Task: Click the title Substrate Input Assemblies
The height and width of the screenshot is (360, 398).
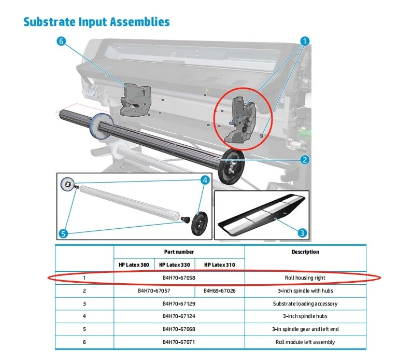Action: pos(97,22)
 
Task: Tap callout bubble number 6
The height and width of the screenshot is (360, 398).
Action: pos(62,42)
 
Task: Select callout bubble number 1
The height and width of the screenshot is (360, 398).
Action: pos(305,40)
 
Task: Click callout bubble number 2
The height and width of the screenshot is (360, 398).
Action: pos(305,160)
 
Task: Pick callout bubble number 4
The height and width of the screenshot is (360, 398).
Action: pos(205,180)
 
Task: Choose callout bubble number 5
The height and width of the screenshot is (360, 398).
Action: pos(63,233)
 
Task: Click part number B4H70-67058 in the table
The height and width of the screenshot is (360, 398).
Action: pos(179,278)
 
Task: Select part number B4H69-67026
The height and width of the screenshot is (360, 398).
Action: pos(219,290)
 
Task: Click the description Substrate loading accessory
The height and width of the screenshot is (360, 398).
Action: pos(305,303)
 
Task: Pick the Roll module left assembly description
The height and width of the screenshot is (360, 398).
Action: pos(305,342)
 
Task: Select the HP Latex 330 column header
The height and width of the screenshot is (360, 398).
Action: pos(174,265)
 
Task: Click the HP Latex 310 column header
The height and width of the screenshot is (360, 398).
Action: pos(219,265)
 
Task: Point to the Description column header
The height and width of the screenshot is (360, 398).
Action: pos(305,252)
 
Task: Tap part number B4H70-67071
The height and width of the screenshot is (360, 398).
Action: pos(179,342)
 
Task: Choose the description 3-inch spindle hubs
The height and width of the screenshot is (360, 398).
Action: pos(305,316)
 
